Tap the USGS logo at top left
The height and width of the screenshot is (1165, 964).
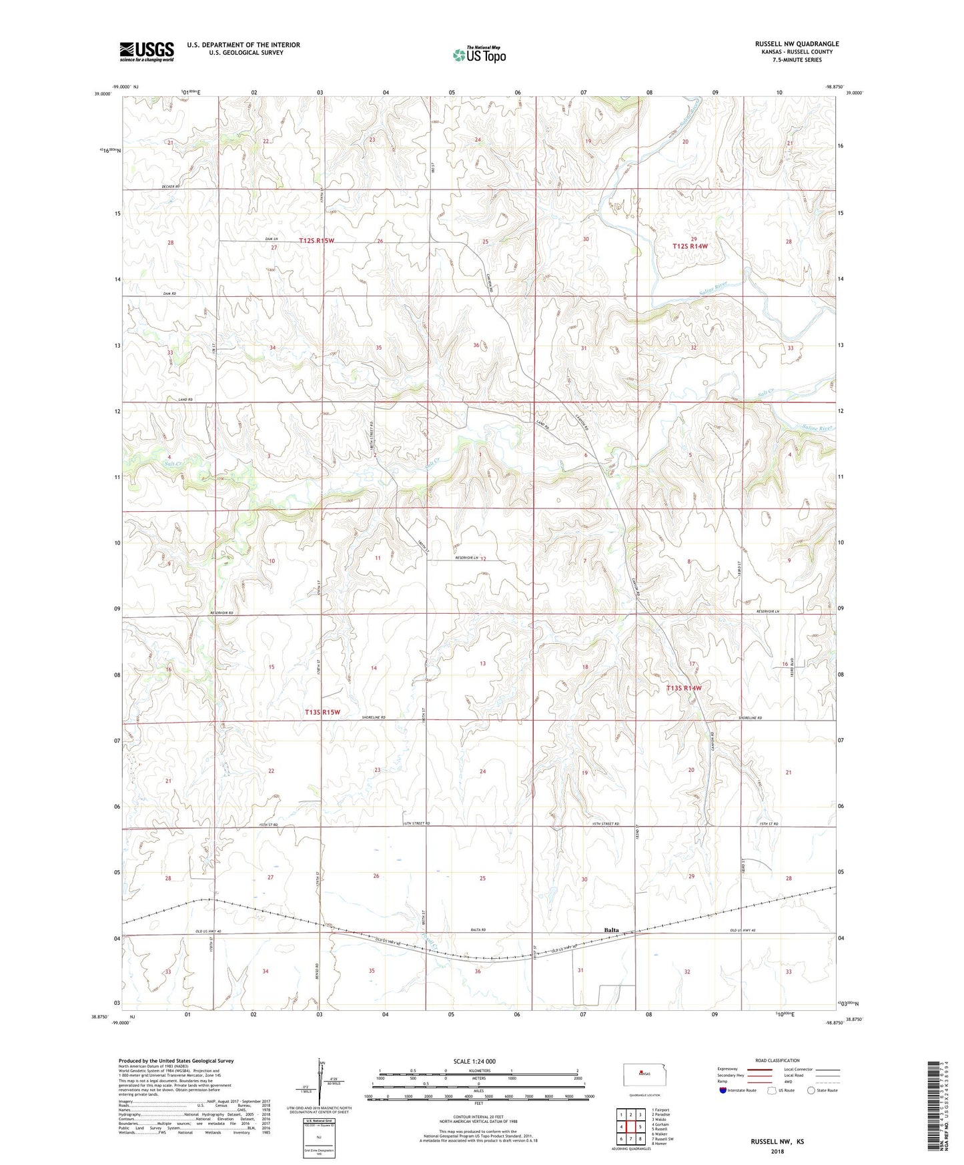pos(147,51)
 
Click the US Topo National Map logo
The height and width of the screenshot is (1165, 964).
pos(479,54)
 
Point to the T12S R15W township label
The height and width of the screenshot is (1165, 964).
pos(316,240)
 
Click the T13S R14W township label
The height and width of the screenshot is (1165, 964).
pos(684,687)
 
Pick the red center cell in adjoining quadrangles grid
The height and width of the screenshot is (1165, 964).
pos(630,1127)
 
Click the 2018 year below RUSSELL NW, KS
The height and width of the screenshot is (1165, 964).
pos(777,1151)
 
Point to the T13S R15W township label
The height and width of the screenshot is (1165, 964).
pos(322,712)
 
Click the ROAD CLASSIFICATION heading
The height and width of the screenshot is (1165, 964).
pos(777,1060)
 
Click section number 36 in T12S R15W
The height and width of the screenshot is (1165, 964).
pos(476,345)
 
